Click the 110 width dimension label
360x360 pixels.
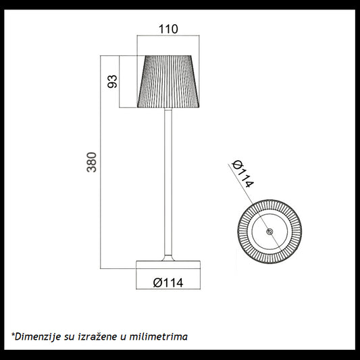pyautogui.click(x=169, y=29)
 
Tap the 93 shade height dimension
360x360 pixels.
pyautogui.click(x=113, y=82)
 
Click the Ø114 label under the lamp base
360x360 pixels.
pyautogui.click(x=169, y=282)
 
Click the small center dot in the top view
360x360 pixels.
pyautogui.click(x=269, y=232)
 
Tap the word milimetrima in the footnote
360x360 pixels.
pyautogui.click(x=160, y=336)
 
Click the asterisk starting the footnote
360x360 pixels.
pyautogui.click(x=13, y=334)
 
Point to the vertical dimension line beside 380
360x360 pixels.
pyautogui.click(x=103, y=162)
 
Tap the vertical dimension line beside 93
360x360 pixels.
pyautogui.click(x=120, y=82)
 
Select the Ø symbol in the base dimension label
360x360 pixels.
pyautogui.click(x=157, y=282)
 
